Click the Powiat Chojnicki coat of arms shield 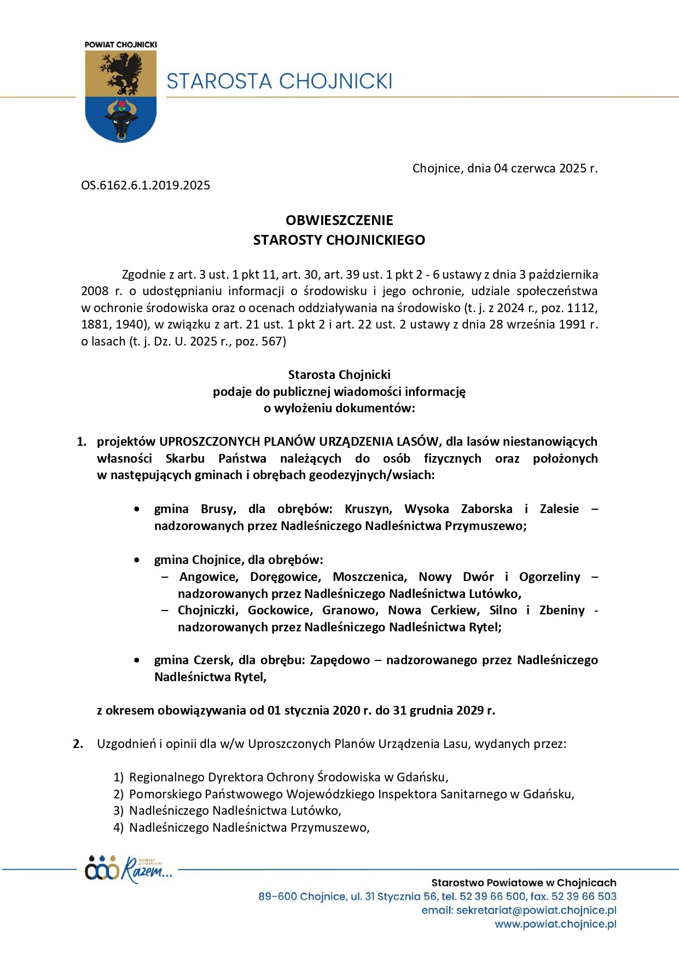click(x=121, y=96)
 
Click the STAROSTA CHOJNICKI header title click(x=279, y=81)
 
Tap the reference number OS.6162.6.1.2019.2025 click(x=146, y=185)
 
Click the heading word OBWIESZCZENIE click(x=339, y=220)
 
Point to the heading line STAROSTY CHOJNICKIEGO click(x=339, y=240)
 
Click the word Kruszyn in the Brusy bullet click(x=368, y=509)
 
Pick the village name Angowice click(x=208, y=577)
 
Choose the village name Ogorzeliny click(x=549, y=577)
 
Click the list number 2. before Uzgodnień click(x=78, y=744)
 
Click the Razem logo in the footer click(x=129, y=868)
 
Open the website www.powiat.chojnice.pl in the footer click(x=555, y=924)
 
